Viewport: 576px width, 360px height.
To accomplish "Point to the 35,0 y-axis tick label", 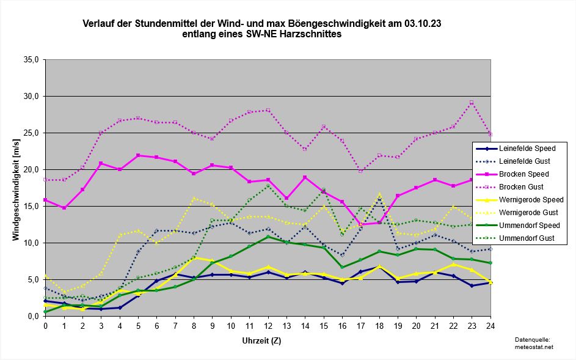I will click(31, 60).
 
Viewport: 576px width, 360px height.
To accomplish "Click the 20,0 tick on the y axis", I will click(31, 170).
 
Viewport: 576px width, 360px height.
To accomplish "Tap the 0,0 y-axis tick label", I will click(33, 317).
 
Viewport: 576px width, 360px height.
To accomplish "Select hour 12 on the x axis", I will click(268, 326).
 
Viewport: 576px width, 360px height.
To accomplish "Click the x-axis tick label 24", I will click(490, 326).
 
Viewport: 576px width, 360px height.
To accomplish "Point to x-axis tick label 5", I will click(138, 326).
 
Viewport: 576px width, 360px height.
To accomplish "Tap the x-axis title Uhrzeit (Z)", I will click(268, 339).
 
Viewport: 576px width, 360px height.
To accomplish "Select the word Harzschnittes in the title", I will click(312, 35).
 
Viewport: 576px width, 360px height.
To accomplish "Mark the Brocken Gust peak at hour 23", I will click(472, 103).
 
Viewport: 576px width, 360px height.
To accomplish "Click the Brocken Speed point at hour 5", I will click(138, 155).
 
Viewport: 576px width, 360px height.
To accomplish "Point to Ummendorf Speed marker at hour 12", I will click(268, 237).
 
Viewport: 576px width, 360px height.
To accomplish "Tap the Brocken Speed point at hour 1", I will click(64, 208).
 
